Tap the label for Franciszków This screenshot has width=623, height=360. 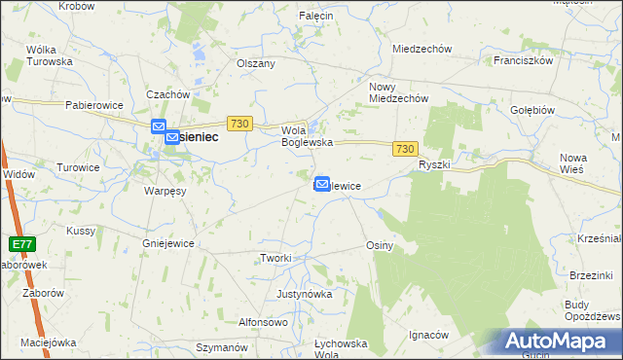(x=523, y=60)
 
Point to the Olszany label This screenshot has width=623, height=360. (x=257, y=63)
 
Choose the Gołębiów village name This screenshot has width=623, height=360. (x=532, y=111)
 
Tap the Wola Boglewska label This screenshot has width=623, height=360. (x=308, y=136)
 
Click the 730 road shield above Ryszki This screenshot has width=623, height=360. (x=407, y=149)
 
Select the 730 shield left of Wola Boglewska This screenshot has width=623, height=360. (x=240, y=124)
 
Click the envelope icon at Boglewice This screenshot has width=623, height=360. (x=322, y=183)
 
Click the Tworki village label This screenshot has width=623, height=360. (x=275, y=258)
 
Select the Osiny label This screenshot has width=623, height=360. (x=379, y=246)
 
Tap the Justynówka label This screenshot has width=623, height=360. (x=305, y=293)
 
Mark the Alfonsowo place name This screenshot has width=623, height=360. (x=263, y=322)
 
